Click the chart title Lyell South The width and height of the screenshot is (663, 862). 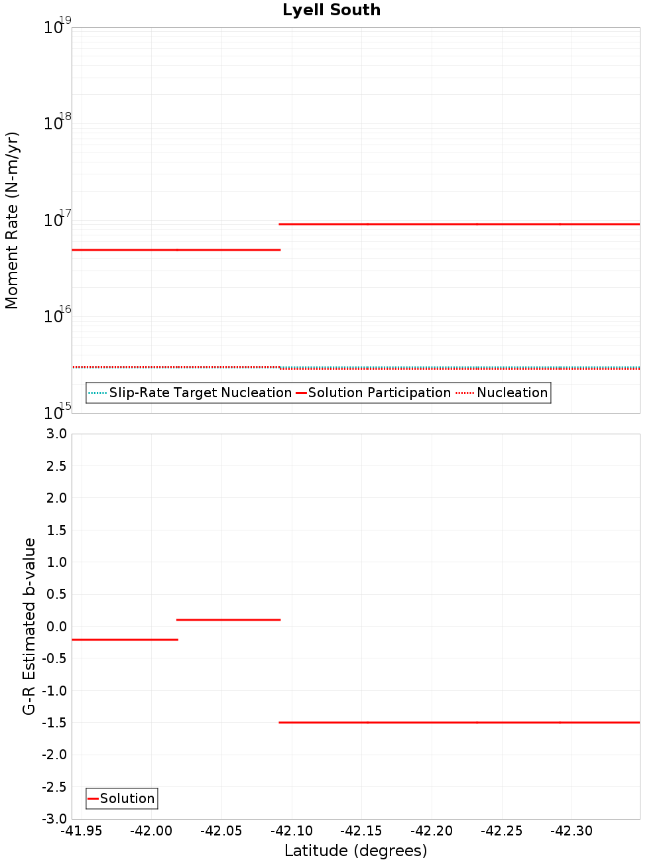(x=331, y=11)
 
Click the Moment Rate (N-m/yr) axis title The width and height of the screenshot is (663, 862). (x=12, y=220)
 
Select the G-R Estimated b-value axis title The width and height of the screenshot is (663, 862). (x=29, y=626)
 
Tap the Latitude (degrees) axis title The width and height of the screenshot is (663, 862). (x=355, y=851)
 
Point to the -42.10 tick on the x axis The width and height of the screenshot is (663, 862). (x=291, y=831)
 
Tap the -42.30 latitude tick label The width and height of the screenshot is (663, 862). (x=572, y=831)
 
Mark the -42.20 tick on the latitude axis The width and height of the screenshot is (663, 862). (x=432, y=831)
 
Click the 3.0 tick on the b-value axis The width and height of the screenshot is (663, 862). (x=54, y=434)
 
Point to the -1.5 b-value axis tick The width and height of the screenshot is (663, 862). (x=53, y=723)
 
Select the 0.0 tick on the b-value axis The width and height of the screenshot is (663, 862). (x=54, y=627)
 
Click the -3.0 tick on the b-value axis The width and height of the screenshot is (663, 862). (x=53, y=819)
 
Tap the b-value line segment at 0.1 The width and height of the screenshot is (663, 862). (x=229, y=620)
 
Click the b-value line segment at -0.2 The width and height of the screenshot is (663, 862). (x=125, y=639)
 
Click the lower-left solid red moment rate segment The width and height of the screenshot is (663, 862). (x=176, y=250)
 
